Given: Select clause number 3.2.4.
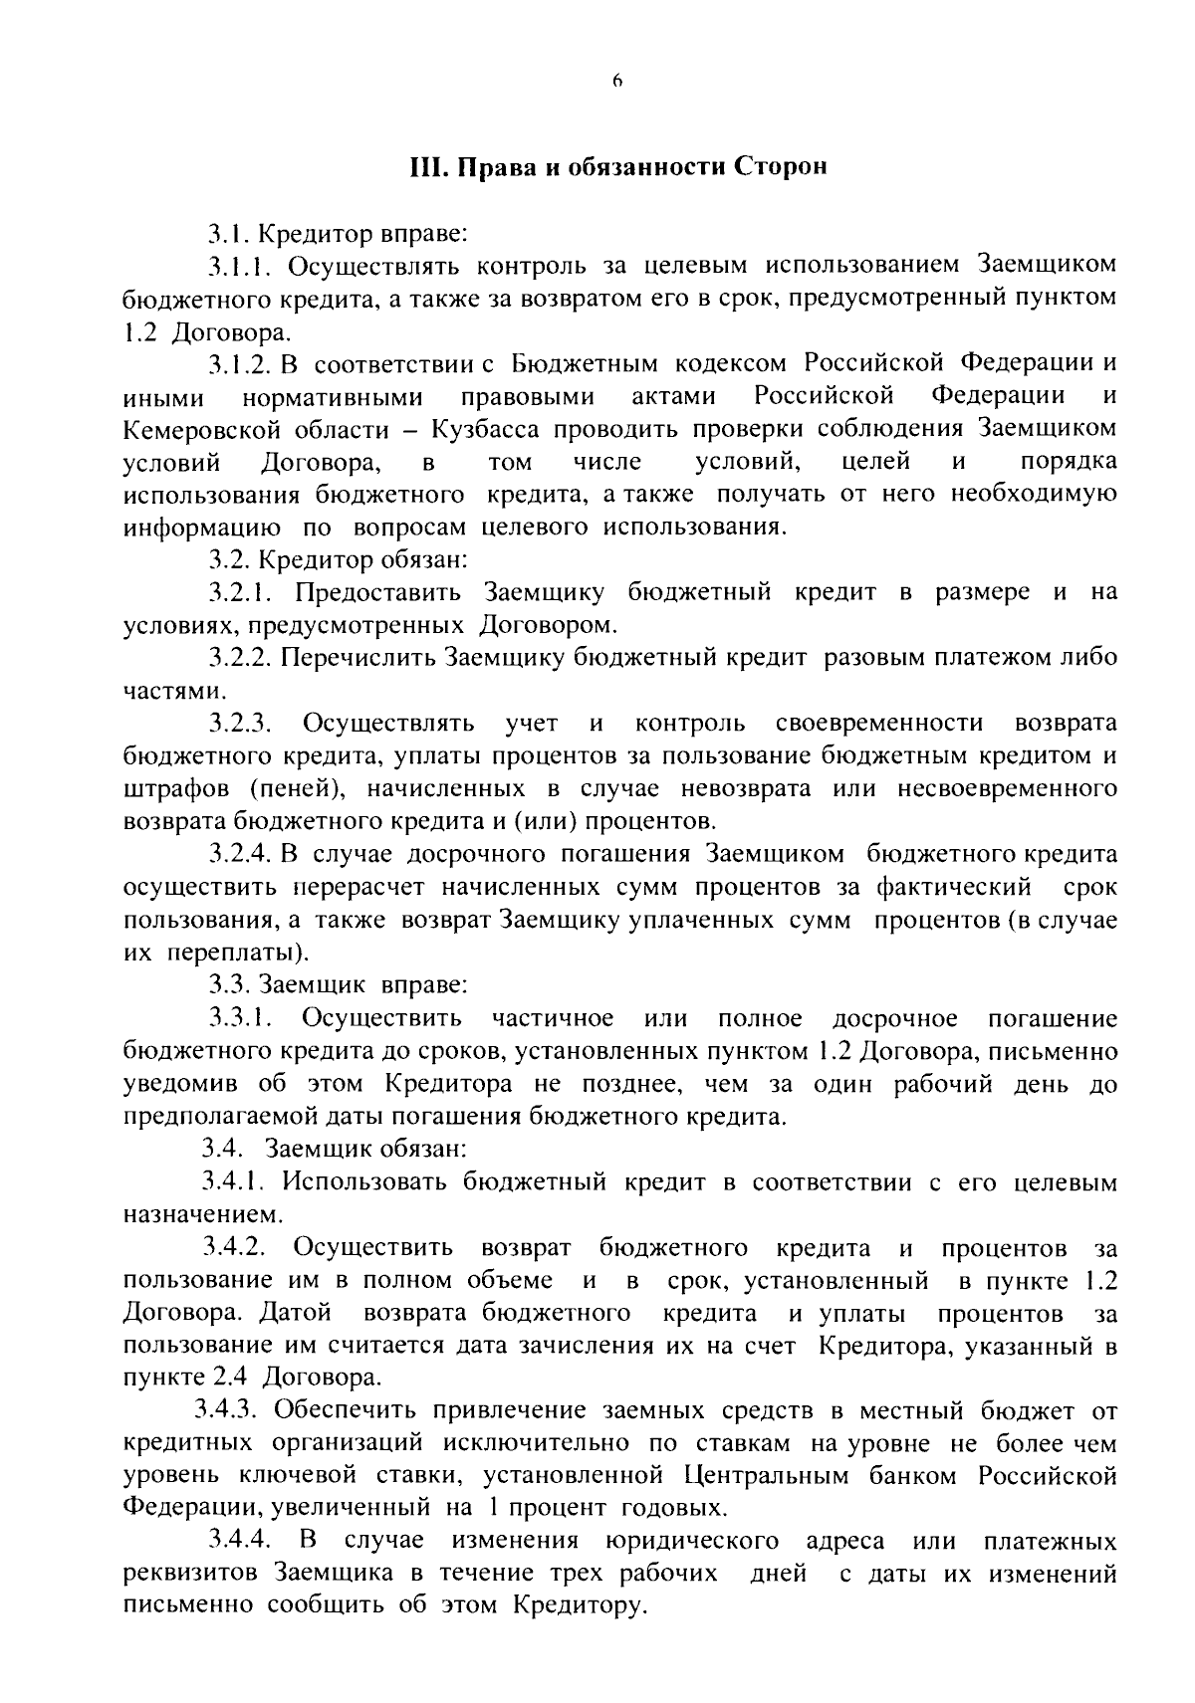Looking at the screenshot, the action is point(240,854).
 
